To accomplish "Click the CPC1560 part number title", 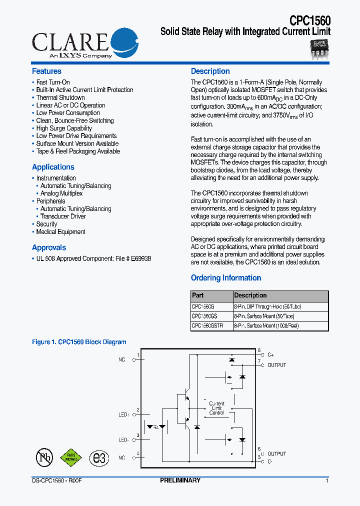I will click(x=309, y=20).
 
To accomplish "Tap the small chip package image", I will click(x=319, y=49).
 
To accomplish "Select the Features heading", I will click(x=46, y=71).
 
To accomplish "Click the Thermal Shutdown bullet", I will click(x=60, y=97).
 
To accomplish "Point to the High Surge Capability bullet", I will click(x=64, y=128).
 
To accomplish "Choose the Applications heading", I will click(x=53, y=167).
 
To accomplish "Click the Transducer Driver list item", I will click(x=63, y=216).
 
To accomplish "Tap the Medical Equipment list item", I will click(x=60, y=232).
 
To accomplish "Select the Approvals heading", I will click(x=49, y=247).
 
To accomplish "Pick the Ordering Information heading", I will click(x=226, y=278).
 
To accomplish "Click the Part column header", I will click(x=198, y=295).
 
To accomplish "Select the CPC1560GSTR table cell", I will click(x=207, y=325).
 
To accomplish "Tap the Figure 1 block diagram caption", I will click(x=79, y=342).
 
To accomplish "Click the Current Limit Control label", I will click(x=216, y=408).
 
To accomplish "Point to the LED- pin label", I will click(x=123, y=439).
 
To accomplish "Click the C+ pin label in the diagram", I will click(x=270, y=354).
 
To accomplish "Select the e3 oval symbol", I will click(x=99, y=458).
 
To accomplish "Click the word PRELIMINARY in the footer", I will click(x=180, y=480).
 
